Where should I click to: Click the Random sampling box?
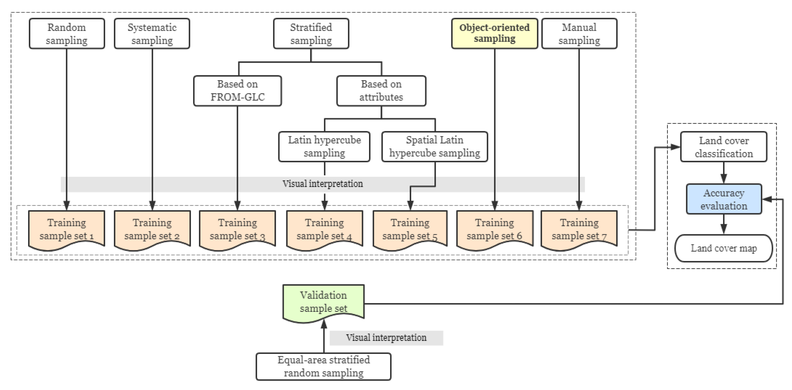coord(67,34)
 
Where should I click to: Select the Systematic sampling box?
coord(152,34)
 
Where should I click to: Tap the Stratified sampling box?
coord(311,34)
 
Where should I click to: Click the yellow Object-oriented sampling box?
coord(494,33)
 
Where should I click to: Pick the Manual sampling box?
coord(579,34)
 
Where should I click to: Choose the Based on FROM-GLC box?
coord(237,91)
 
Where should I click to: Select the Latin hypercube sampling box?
coord(324,147)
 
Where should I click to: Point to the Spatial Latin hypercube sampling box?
coord(435,147)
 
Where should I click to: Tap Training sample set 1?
coord(67,229)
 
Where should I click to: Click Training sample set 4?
coord(324,229)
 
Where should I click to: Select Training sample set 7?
coord(579,229)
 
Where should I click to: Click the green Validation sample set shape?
coord(323,302)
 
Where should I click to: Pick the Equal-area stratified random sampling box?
coord(323,366)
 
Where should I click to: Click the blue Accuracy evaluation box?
coord(724,199)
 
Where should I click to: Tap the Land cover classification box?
coord(724,147)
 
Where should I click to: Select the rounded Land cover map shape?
coord(724,248)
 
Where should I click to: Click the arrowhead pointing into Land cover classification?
coord(675,147)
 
